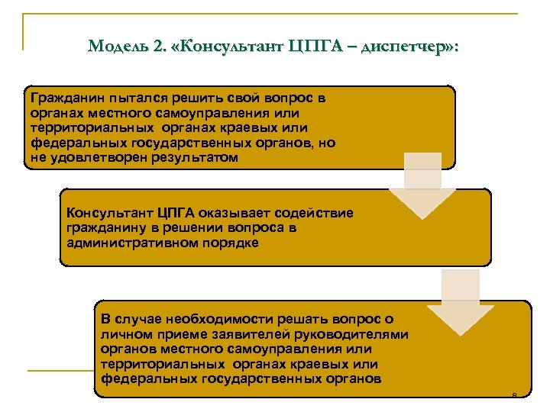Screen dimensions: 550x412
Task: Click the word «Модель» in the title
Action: pos(116,47)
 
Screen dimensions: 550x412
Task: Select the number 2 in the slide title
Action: pos(157,47)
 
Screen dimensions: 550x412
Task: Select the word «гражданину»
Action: pos(103,227)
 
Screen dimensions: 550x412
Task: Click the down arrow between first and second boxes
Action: pos(422,188)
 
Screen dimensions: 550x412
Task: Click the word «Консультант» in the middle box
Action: pos(108,213)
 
